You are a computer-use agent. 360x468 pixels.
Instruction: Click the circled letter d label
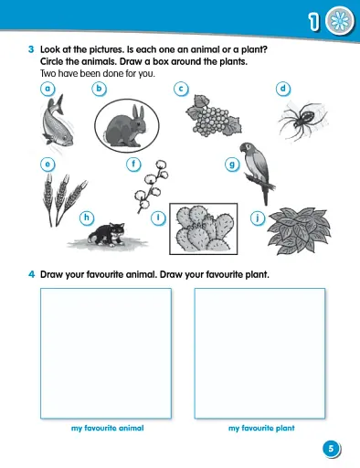pyautogui.click(x=284, y=89)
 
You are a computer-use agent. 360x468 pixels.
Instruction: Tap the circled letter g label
pyautogui.click(x=232, y=165)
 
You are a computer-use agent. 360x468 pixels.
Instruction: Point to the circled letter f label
pyautogui.click(x=134, y=165)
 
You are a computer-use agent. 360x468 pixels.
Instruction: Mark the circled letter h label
pyautogui.click(x=87, y=217)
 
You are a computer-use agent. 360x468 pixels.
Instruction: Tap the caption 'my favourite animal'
pyautogui.click(x=108, y=428)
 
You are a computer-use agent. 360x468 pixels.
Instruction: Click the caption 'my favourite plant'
pyautogui.click(x=261, y=428)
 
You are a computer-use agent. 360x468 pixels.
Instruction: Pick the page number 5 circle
pyautogui.click(x=331, y=448)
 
